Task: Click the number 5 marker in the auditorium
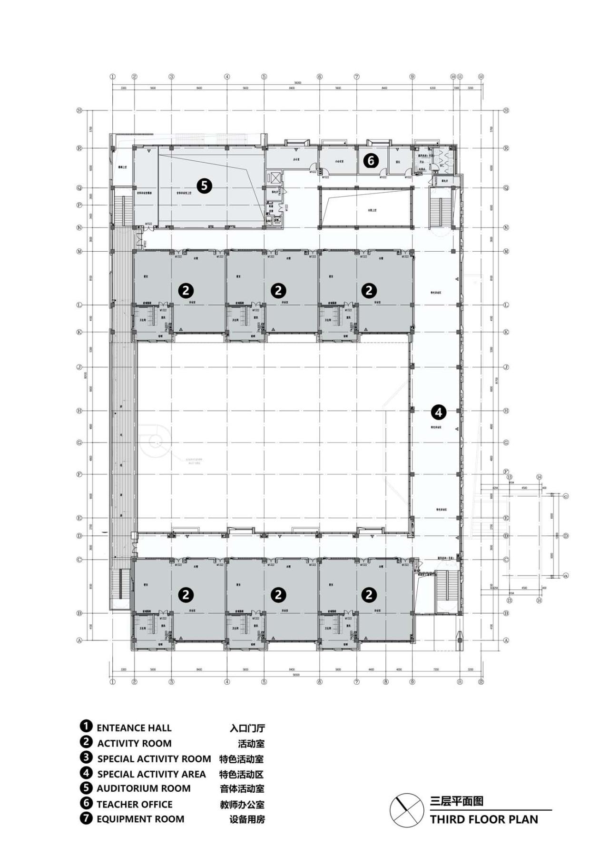tap(204, 186)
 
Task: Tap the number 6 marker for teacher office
tap(371, 161)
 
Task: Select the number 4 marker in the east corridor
tap(438, 412)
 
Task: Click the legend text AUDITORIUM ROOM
tap(143, 788)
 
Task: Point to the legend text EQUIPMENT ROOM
tap(140, 819)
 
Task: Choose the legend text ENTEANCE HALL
tap(134, 728)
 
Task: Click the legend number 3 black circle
tap(86, 757)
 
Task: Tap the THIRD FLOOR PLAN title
tap(484, 819)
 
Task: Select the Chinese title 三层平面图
tap(456, 801)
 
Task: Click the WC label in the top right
tap(442, 166)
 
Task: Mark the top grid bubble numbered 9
tap(412, 77)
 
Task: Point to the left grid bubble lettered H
tap(79, 411)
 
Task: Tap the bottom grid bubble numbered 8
tap(386, 682)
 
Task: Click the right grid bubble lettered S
tap(506, 110)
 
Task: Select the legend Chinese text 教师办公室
tap(242, 804)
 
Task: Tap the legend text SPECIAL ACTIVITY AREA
tap(151, 774)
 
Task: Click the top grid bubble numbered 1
tap(113, 77)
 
